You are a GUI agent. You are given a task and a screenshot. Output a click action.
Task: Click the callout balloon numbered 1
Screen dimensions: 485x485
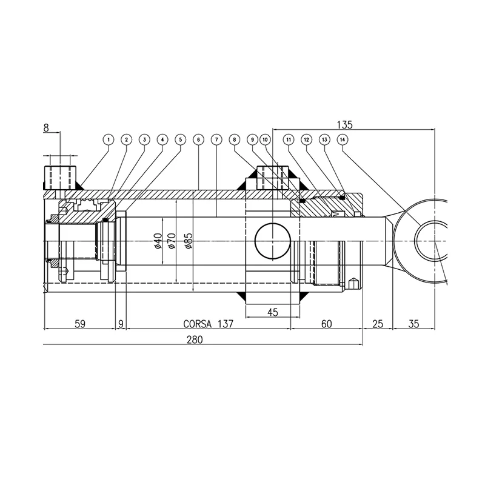(108, 139)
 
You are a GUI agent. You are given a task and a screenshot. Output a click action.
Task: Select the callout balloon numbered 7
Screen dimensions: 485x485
(216, 139)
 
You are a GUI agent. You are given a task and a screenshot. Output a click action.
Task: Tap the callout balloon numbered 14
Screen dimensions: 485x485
(343, 139)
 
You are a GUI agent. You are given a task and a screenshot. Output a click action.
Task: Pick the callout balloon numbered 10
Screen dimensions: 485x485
(265, 139)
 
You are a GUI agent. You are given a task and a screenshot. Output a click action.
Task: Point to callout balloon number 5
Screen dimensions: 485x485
(180, 139)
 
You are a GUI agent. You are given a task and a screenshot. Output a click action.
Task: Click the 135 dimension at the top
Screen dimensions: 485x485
(344, 125)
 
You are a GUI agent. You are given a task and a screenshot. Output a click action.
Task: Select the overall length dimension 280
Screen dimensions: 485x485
(194, 340)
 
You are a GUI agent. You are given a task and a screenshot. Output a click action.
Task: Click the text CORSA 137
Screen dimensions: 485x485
(208, 324)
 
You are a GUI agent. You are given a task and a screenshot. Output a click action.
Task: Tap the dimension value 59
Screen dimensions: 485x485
(79, 324)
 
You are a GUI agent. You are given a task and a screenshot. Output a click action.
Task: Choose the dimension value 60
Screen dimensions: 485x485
(326, 324)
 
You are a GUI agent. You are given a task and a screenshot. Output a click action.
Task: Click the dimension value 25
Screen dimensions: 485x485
(377, 324)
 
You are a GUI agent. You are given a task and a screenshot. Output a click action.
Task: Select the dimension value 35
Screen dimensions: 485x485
(413, 324)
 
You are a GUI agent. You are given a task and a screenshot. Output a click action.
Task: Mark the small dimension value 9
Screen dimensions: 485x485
(121, 324)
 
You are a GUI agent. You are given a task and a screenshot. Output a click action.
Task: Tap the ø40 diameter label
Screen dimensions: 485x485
(157, 241)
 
